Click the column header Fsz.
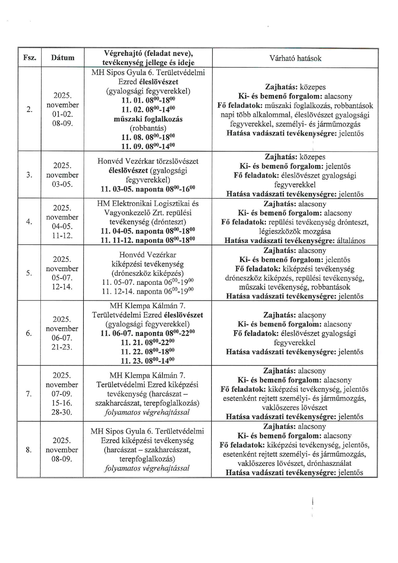point(30,58)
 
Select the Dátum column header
point(63,58)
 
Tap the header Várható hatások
point(295,58)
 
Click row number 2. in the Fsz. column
point(30,109)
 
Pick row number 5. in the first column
point(29,273)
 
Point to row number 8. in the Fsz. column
point(29,450)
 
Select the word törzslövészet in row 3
point(178,161)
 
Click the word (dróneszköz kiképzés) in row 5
point(148,273)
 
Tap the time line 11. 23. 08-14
point(148,361)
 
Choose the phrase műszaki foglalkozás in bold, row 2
point(148,119)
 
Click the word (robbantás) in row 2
point(148,128)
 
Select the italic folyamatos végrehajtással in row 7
point(147,412)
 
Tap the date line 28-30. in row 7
point(62,412)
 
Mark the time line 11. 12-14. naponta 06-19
point(148,291)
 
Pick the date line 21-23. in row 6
point(62,347)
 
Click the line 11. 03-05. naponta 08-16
point(148,189)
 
